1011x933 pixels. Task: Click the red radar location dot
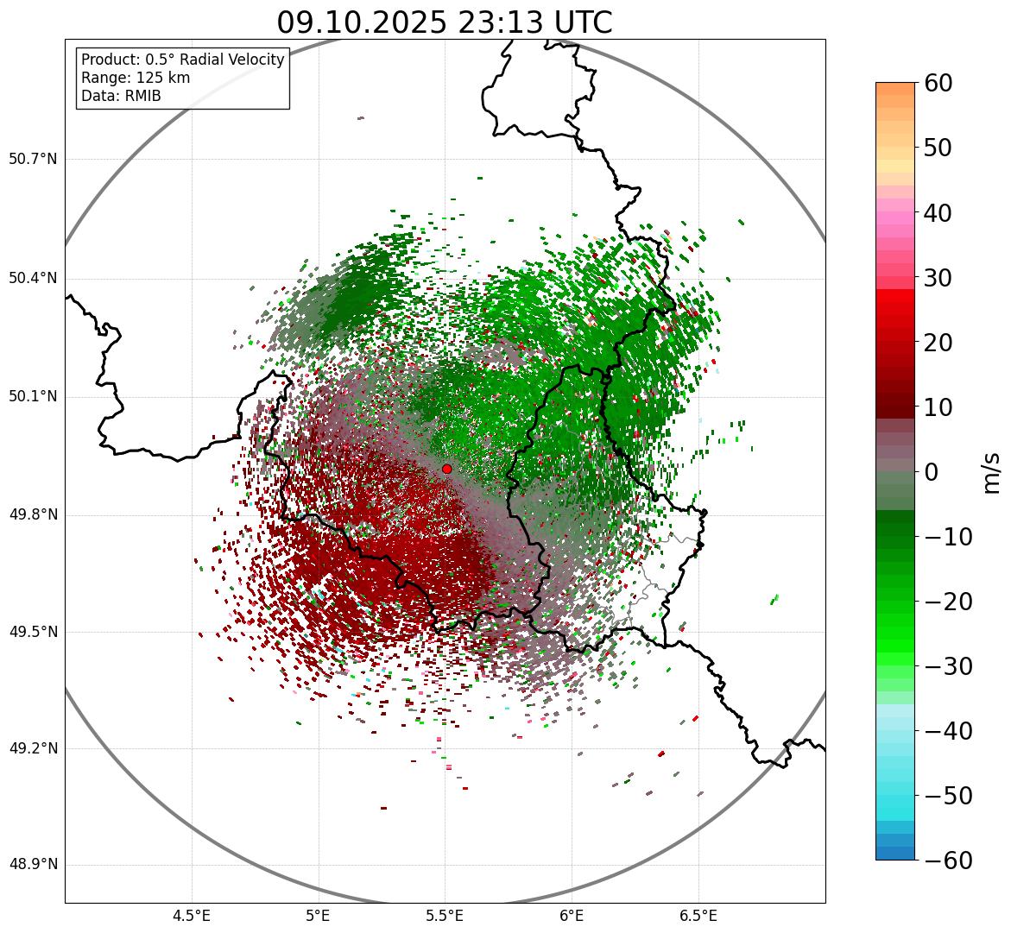[x=446, y=469]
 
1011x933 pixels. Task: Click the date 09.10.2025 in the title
[x=361, y=22]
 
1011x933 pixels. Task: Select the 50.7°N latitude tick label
[x=33, y=160]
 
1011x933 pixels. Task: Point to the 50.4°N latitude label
[x=33, y=279]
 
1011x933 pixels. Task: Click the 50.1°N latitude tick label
[x=33, y=397]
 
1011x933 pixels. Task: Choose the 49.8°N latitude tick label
[x=33, y=515]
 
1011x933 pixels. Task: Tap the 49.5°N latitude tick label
[x=33, y=633]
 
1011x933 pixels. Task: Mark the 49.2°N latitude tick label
[x=33, y=748]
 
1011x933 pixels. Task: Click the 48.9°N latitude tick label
[x=33, y=865]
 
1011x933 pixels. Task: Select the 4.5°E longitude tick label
[x=192, y=916]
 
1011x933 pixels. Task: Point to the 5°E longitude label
[x=319, y=916]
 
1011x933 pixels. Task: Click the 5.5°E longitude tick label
[x=445, y=916]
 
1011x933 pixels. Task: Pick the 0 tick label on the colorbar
[x=932, y=472]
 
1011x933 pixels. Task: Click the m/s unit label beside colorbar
[x=991, y=472]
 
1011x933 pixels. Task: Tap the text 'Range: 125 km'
[x=136, y=78]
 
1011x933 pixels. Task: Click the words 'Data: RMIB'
[x=121, y=96]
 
